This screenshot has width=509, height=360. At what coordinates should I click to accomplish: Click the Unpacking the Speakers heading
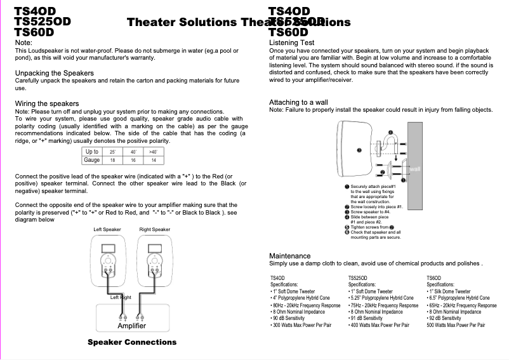tap(54, 73)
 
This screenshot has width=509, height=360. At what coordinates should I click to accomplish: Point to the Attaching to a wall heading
tap(298, 102)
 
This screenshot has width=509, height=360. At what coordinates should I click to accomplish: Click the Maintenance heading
tap(290, 256)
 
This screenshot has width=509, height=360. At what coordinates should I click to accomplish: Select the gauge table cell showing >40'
tap(154, 152)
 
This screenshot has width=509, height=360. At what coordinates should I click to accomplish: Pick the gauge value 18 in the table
tap(112, 161)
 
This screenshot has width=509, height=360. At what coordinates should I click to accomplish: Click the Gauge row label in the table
tap(92, 161)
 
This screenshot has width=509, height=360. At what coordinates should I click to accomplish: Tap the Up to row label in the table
tap(92, 152)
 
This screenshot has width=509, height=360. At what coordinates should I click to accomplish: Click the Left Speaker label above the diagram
tap(107, 229)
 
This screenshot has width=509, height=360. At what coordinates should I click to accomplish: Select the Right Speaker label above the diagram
tap(155, 229)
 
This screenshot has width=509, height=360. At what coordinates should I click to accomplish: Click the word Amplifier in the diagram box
tap(132, 326)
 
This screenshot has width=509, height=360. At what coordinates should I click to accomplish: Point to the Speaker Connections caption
tap(132, 342)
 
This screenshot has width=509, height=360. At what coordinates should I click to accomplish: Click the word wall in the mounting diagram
tap(415, 169)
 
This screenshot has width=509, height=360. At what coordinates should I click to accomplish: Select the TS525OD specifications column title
tap(357, 278)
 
